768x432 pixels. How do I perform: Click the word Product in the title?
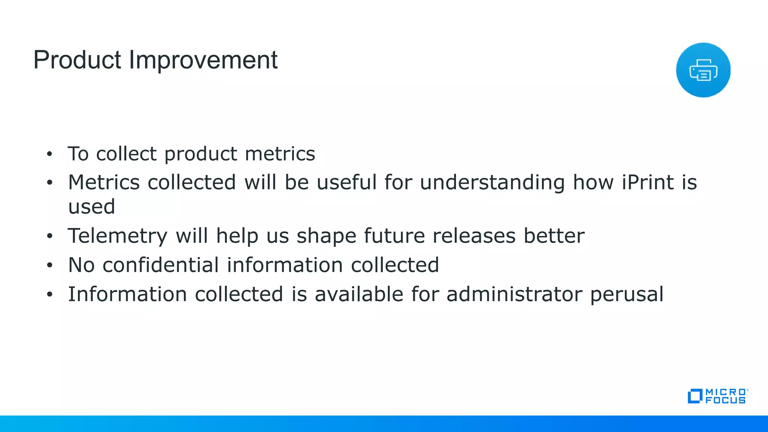tap(77, 60)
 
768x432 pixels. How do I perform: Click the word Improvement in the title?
tap(203, 60)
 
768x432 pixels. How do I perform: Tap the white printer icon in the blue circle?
tap(703, 70)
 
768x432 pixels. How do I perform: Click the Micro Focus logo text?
tap(725, 396)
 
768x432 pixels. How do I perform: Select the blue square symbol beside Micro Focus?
tap(694, 396)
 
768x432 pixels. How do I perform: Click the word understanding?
tap(492, 183)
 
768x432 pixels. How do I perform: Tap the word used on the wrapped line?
tap(91, 207)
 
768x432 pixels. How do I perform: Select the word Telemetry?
tap(117, 236)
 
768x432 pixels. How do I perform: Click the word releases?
tap(474, 236)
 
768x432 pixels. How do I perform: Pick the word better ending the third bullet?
tap(554, 236)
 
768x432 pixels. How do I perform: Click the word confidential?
tap(160, 265)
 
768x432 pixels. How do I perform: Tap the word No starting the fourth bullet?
tap(81, 265)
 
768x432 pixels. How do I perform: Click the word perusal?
tap(627, 295)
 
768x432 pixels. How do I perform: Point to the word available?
tap(358, 294)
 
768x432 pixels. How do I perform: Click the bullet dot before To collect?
tap(49, 154)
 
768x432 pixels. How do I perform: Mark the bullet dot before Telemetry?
tap(49, 236)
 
